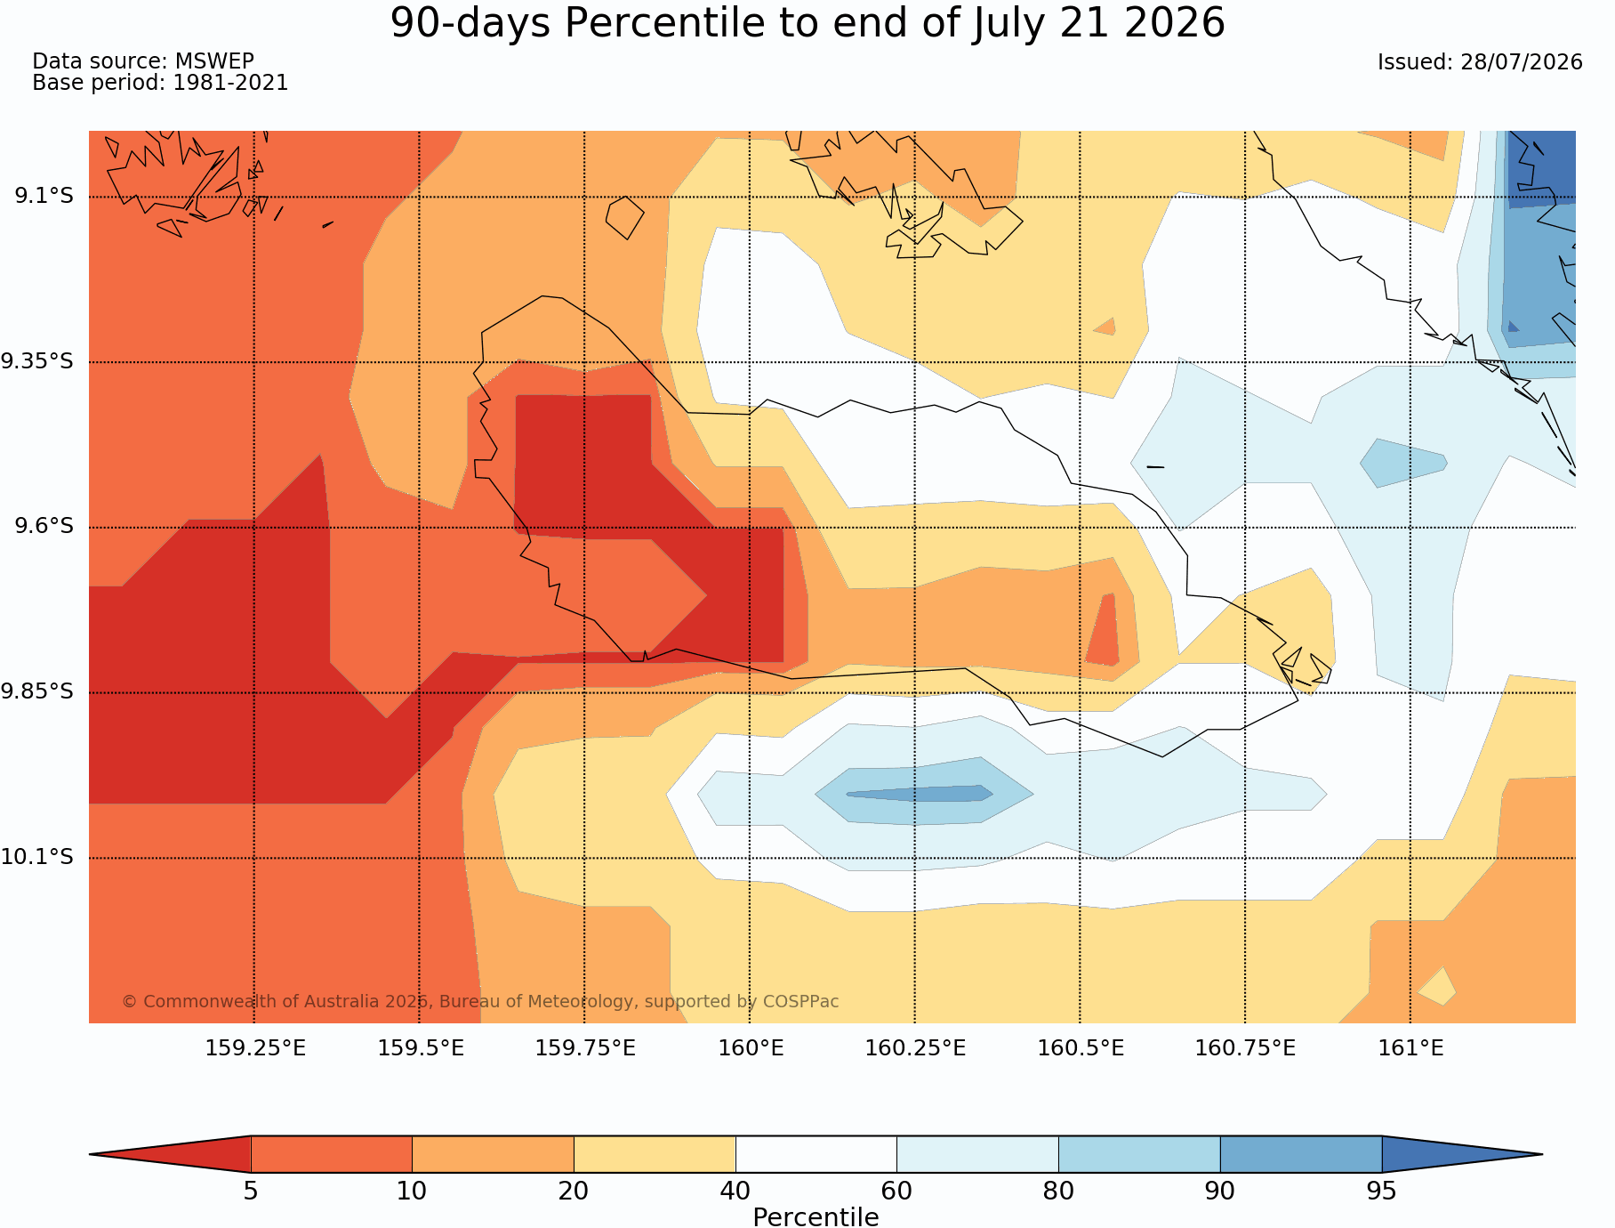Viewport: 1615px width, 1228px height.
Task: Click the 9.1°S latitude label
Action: click(44, 196)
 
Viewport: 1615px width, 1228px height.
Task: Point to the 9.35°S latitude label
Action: click(37, 361)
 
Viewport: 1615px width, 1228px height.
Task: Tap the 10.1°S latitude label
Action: click(37, 857)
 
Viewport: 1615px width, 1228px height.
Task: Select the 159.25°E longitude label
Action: click(255, 1048)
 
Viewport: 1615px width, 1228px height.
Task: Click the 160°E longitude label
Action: click(751, 1048)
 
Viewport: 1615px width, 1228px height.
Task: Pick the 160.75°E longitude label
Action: click(1245, 1048)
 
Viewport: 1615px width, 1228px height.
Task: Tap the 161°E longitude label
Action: click(1410, 1048)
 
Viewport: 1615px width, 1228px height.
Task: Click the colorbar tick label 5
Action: click(251, 1191)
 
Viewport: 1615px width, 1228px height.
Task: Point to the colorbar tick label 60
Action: click(896, 1191)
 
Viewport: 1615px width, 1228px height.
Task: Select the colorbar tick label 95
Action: click(1381, 1191)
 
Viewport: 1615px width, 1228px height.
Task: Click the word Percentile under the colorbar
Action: click(816, 1217)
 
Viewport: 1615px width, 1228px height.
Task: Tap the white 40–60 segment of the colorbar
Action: click(816, 1154)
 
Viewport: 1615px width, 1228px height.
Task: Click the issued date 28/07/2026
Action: click(1521, 62)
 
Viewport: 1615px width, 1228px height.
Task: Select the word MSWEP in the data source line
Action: click(214, 61)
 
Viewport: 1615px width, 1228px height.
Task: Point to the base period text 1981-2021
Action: click(230, 83)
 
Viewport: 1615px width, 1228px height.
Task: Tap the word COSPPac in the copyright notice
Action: click(800, 1001)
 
